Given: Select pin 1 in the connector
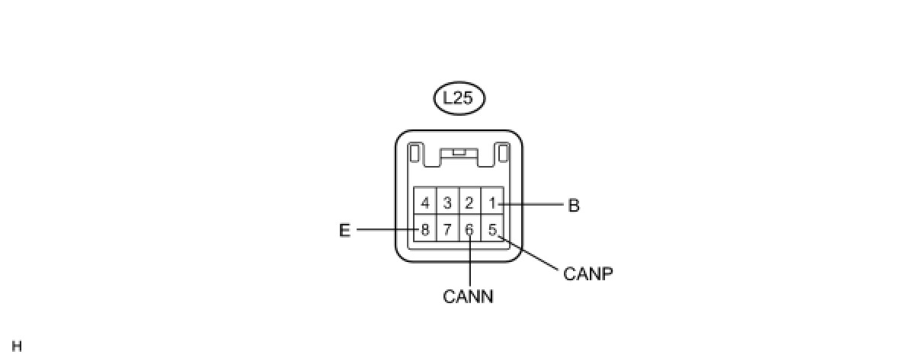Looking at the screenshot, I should (492, 203).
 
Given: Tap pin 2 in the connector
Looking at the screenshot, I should (469, 203).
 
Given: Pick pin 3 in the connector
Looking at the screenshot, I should (447, 203).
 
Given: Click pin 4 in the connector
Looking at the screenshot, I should (425, 203).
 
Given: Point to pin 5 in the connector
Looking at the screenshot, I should (492, 228).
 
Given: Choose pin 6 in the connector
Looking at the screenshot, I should (469, 228).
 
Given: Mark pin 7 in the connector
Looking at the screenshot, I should (447, 228).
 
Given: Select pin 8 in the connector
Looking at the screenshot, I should (425, 228).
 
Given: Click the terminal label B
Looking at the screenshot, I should (574, 205).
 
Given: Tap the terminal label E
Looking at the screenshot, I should (344, 230).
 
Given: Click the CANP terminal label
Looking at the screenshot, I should (587, 273).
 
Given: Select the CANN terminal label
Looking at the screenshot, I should (468, 296).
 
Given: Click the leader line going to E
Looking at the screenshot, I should (385, 229).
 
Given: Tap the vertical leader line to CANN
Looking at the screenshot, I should (470, 263).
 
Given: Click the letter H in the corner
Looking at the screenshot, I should (17, 347).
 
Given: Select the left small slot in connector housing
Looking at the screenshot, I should (415, 154).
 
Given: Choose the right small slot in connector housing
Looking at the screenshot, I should (502, 154).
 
